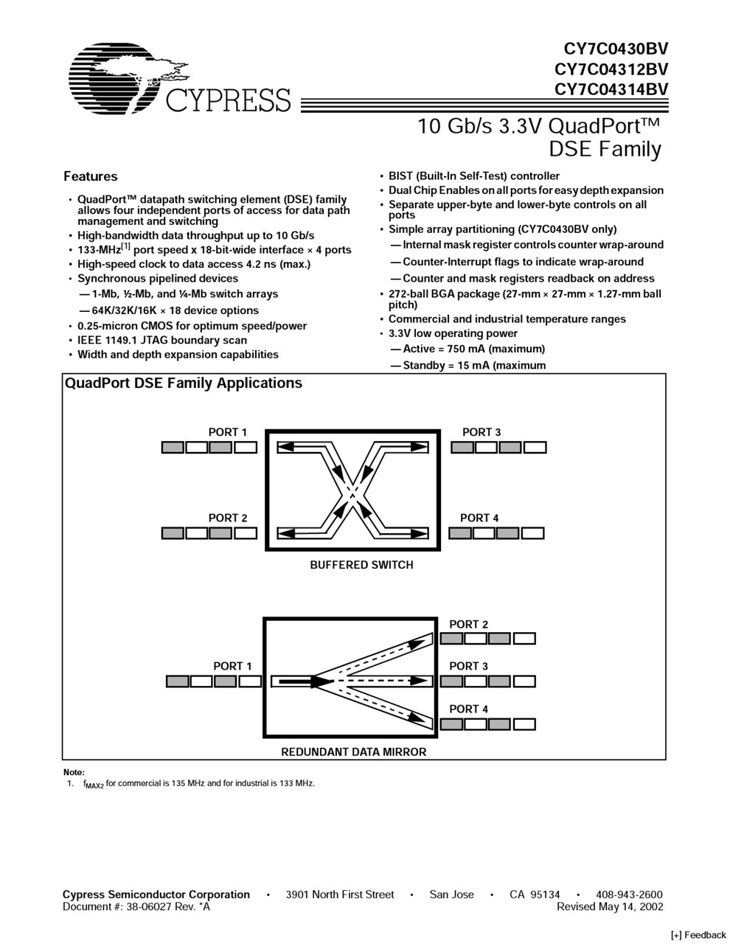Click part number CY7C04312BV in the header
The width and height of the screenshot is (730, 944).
click(x=611, y=69)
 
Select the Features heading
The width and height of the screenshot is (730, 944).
click(x=90, y=176)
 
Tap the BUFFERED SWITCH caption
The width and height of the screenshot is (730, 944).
click(x=361, y=565)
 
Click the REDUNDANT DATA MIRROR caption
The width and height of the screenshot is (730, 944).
click(x=354, y=752)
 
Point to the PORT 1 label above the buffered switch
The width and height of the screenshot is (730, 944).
click(x=228, y=432)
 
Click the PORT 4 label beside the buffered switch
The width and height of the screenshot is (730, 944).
click(x=479, y=518)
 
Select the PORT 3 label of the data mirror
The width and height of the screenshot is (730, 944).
click(x=469, y=666)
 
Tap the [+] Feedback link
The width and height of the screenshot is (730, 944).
click(x=698, y=934)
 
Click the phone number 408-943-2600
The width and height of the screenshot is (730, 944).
click(x=629, y=895)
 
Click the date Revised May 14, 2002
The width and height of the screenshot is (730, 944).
click(x=610, y=907)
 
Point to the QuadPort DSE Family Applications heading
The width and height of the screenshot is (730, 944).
click(x=184, y=383)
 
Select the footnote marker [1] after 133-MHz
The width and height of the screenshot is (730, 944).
click(x=126, y=246)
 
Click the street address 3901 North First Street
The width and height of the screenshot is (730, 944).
click(x=340, y=895)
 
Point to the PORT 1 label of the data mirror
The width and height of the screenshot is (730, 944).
click(x=232, y=666)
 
